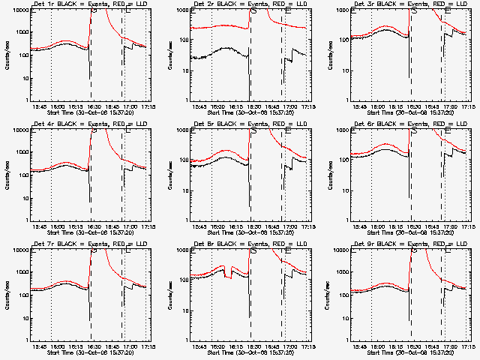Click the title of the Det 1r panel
[77, 5]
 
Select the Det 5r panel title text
[237, 125]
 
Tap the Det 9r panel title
[397, 245]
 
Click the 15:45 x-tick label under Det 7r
[40, 347]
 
